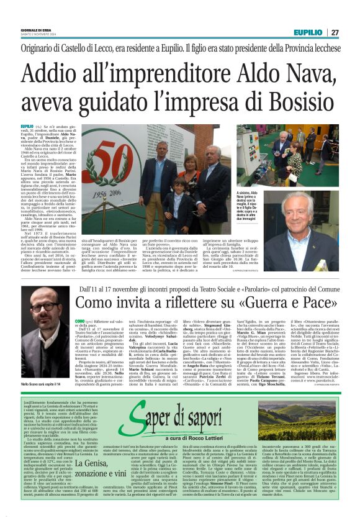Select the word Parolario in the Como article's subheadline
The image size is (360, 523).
237,289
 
